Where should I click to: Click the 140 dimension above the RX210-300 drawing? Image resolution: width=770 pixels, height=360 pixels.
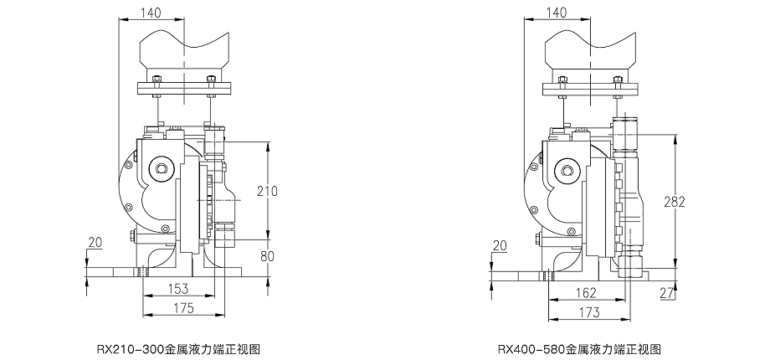pos(151,12)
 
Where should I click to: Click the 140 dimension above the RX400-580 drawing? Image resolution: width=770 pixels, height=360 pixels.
pos(557,12)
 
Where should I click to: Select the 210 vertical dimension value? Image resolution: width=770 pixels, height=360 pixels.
pos(267,191)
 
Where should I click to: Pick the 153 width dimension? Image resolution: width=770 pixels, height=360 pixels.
pos(178,288)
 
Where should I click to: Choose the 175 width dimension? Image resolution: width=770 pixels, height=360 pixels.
pos(184,308)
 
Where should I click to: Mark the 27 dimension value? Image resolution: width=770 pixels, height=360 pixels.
pos(667,293)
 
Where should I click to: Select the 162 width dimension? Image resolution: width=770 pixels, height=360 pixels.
pos(585,292)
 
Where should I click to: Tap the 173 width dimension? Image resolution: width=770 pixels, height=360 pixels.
pos(589,311)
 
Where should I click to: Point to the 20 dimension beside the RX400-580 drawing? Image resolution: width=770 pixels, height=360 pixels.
pos(500,245)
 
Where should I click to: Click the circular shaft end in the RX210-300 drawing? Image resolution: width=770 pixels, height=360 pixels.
pos(160,171)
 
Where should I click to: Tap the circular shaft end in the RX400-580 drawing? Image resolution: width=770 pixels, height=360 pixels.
pos(567,172)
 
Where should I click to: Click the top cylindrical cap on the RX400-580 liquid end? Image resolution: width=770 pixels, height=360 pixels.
pos(626,131)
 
